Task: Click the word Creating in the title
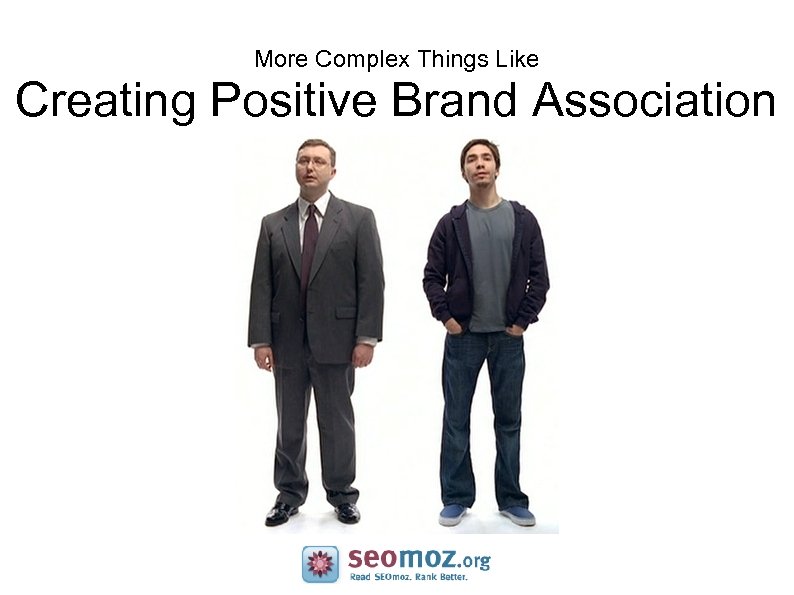click(x=104, y=102)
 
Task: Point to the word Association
click(x=654, y=102)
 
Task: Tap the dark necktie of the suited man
click(x=309, y=250)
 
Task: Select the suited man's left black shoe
click(x=281, y=513)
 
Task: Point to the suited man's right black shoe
click(x=347, y=512)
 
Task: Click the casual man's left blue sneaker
click(x=453, y=514)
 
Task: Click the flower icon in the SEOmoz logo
click(x=320, y=564)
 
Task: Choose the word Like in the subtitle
click(x=517, y=59)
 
